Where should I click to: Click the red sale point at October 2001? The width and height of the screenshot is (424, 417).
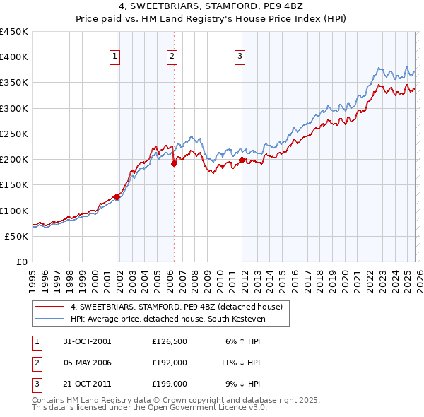point(117,197)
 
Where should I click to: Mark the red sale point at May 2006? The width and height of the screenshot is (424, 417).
point(174,163)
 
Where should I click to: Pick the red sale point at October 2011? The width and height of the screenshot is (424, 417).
point(242,160)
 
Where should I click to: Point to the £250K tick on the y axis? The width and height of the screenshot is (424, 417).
point(14,134)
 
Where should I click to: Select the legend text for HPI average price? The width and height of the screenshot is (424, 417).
point(180,319)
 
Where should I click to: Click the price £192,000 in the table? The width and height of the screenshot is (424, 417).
point(169,363)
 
